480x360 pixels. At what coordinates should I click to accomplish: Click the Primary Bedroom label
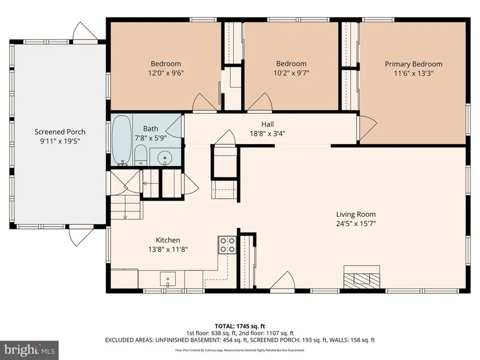tap(413, 64)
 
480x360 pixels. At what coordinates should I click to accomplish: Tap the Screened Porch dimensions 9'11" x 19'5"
tap(60, 142)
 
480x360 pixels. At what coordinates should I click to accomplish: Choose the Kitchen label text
tap(167, 240)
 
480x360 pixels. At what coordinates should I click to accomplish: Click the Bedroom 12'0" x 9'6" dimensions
tap(165, 74)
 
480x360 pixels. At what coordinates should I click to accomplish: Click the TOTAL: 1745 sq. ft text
tap(239, 325)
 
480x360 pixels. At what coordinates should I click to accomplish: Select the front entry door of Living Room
tap(285, 281)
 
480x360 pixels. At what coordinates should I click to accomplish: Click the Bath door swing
tap(174, 126)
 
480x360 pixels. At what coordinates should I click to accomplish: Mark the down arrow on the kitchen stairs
tap(124, 216)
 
